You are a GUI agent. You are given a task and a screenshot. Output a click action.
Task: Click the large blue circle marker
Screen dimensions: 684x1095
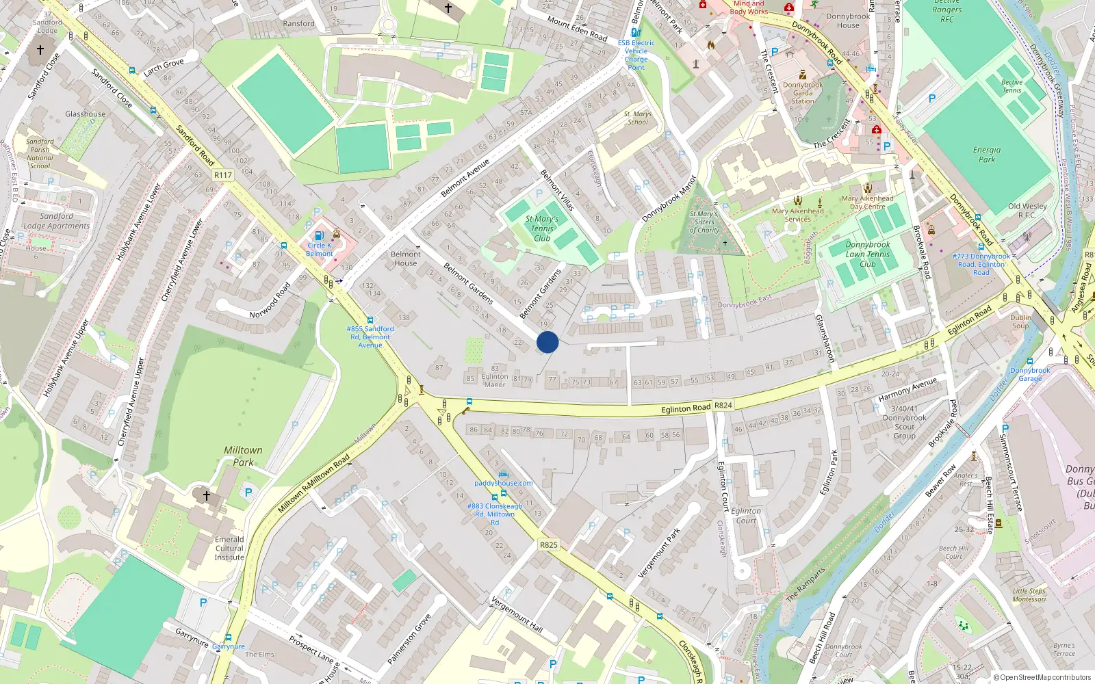click(x=547, y=342)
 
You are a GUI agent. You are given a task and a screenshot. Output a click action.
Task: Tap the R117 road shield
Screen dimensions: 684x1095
click(x=223, y=175)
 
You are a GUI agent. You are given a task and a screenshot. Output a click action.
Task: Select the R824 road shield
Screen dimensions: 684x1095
click(x=723, y=406)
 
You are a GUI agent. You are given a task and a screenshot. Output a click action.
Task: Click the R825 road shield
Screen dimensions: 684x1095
click(x=548, y=545)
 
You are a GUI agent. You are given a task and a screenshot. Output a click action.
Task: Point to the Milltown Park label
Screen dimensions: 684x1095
click(x=243, y=456)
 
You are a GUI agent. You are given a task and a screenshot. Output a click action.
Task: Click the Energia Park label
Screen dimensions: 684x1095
click(x=986, y=155)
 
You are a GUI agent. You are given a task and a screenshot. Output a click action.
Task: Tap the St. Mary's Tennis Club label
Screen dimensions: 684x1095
click(x=542, y=228)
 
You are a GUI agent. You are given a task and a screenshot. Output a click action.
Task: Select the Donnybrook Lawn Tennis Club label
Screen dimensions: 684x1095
click(x=867, y=254)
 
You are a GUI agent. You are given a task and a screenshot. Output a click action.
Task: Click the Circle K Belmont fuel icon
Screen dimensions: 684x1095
click(x=319, y=235)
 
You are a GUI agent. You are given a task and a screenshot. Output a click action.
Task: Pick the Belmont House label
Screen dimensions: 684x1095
click(x=406, y=259)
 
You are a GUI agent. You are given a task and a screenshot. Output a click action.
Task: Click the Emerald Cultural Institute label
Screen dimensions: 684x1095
click(x=229, y=549)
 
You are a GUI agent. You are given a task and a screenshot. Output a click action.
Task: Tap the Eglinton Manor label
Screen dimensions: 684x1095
click(x=495, y=380)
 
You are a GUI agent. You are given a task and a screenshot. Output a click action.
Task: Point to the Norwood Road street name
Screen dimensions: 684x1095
click(x=270, y=301)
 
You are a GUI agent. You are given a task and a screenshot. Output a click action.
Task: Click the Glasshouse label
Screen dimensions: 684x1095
click(x=86, y=114)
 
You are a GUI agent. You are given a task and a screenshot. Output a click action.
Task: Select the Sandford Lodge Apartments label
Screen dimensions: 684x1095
click(x=56, y=221)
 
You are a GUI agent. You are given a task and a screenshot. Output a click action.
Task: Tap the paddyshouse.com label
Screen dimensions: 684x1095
click(x=503, y=483)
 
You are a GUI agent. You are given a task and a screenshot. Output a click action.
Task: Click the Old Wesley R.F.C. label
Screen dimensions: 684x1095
click(x=1027, y=210)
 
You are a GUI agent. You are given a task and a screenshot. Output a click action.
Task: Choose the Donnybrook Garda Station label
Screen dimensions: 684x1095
click(x=803, y=93)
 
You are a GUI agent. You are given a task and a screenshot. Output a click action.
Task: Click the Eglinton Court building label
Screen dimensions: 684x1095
click(x=746, y=516)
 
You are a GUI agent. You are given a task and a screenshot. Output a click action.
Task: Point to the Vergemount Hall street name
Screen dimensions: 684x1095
click(x=517, y=614)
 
